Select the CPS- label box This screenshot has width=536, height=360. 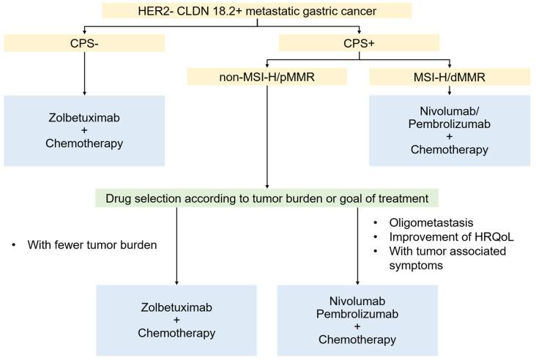(x=84, y=42)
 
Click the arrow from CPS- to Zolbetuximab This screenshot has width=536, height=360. (x=84, y=73)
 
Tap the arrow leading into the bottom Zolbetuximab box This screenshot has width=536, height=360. (x=177, y=245)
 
